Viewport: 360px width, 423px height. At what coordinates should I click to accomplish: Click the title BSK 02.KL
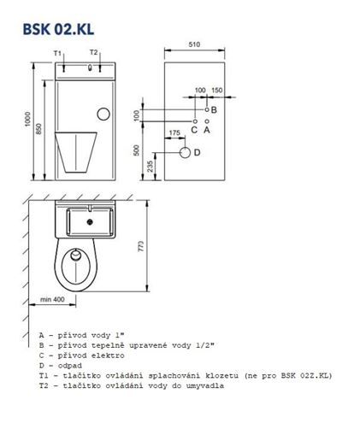58,29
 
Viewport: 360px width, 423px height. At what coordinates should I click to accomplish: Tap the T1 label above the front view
57,53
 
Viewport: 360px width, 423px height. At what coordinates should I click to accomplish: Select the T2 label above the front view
94,52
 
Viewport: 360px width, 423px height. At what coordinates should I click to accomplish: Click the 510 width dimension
194,44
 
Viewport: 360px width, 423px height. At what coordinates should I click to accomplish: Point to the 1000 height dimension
27,119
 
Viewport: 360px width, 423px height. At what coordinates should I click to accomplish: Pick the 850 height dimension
39,129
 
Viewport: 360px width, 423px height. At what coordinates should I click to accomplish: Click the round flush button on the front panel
103,114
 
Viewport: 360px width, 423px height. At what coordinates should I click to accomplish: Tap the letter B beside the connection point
214,109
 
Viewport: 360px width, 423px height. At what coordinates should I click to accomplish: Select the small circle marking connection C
195,121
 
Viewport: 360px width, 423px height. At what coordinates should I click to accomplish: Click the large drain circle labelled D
185,153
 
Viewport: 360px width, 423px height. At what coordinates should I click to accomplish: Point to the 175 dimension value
174,133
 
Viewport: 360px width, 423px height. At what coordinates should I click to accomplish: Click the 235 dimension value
150,167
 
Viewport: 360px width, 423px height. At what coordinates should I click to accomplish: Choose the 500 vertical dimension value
137,150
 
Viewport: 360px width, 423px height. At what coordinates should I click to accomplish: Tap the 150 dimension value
217,90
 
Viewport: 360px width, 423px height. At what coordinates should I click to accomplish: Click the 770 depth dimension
141,246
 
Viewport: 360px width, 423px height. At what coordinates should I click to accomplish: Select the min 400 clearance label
52,299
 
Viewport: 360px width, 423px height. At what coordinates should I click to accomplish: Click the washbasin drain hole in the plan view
91,221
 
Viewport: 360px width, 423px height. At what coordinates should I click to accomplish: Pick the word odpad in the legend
70,366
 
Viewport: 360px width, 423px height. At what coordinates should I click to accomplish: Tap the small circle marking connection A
207,121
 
